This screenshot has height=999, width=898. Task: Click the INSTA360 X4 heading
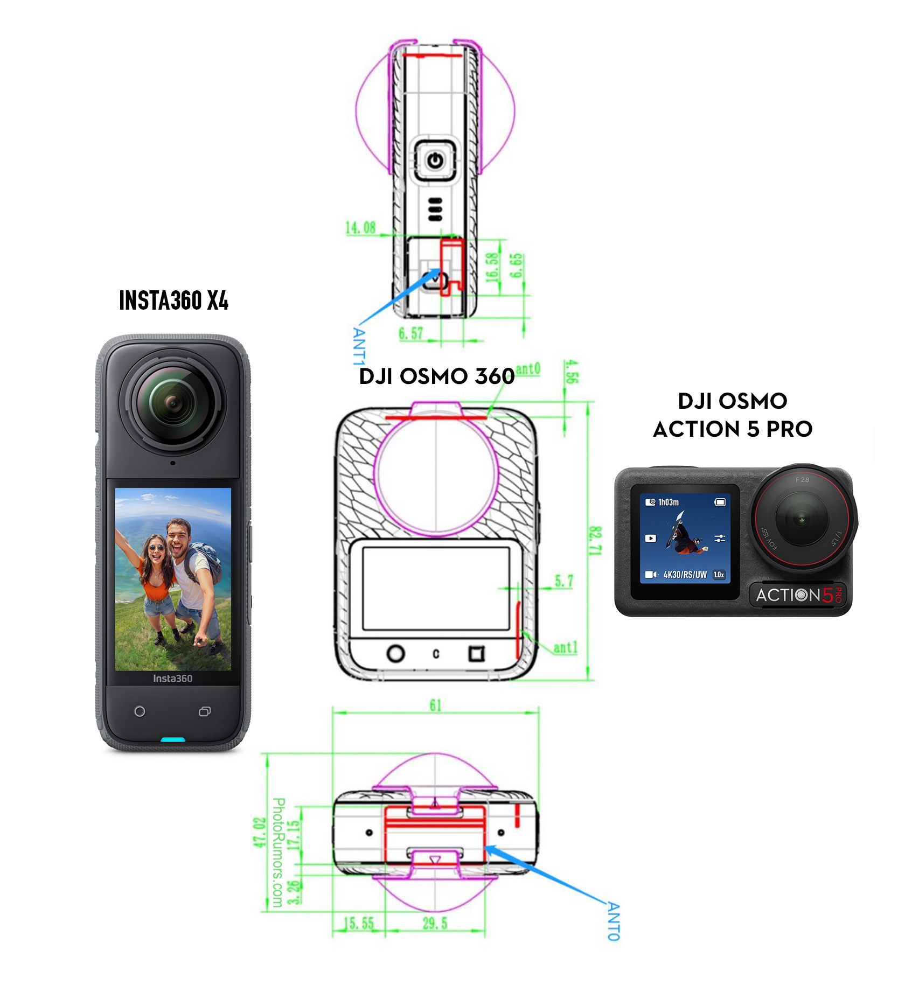pos(173,300)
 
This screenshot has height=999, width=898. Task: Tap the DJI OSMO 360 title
pos(436,376)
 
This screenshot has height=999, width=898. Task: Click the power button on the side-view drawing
pos(435,160)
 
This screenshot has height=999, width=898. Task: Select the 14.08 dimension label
pos(360,228)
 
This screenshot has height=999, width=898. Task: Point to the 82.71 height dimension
pos(595,541)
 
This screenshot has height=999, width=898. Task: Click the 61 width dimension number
pos(435,705)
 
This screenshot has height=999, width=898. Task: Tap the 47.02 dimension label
pos(260,832)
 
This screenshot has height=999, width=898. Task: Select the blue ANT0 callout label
pos(614,921)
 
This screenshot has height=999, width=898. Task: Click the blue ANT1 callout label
pos(359,346)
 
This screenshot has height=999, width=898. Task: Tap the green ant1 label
pos(566,647)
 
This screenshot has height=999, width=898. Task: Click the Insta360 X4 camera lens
pos(173,402)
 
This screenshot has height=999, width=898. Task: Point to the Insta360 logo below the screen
pos(172,679)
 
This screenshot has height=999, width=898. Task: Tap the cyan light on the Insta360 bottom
pos(173,739)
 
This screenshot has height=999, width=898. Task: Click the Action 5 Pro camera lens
pos(801,519)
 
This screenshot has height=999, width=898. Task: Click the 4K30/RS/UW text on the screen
pos(685,575)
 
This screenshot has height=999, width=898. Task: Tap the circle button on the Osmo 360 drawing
pos(396,653)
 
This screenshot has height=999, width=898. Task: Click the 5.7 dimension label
pos(564,582)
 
